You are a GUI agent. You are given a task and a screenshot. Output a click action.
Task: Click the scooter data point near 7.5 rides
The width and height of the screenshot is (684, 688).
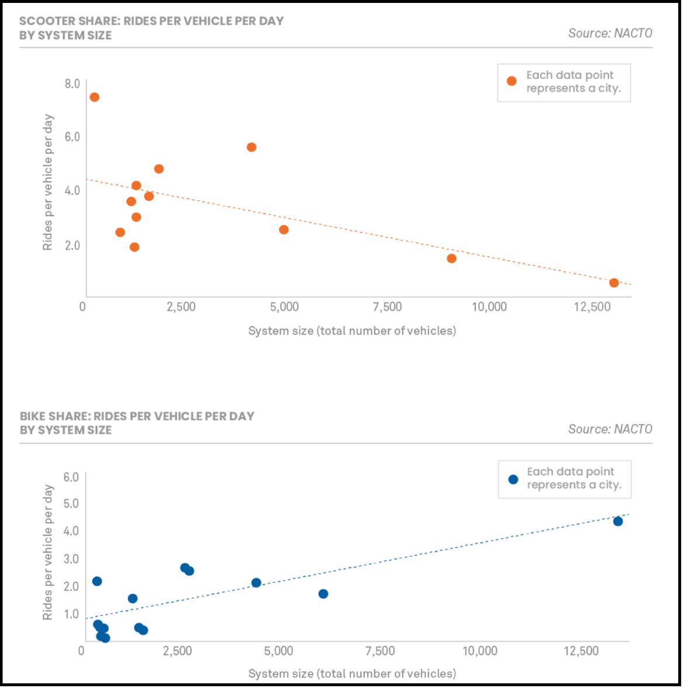click(95, 97)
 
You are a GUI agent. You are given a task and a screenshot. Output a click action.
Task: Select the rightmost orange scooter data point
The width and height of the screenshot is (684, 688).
click(614, 283)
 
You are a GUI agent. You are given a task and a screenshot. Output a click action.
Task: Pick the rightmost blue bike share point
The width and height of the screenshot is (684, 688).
click(618, 522)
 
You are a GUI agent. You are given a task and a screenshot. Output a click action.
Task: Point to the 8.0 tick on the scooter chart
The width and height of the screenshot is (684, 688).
click(72, 84)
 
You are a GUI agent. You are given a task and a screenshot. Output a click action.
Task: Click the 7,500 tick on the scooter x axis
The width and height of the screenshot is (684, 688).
click(387, 307)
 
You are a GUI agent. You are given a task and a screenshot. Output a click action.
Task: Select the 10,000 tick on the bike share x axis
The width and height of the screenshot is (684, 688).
click(480, 650)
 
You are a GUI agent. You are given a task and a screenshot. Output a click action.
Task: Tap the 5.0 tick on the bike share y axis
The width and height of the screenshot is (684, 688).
click(71, 503)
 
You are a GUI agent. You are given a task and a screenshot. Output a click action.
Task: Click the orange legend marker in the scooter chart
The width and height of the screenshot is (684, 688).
click(512, 81)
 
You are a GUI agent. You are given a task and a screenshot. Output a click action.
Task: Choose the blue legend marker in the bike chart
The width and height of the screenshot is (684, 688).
click(513, 479)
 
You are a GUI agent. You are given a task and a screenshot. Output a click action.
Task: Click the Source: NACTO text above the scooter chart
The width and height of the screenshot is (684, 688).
click(610, 33)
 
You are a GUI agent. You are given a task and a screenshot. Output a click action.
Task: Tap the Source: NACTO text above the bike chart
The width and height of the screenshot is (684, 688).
click(610, 429)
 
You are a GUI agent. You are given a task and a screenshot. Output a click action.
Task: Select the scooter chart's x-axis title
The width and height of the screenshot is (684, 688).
click(353, 331)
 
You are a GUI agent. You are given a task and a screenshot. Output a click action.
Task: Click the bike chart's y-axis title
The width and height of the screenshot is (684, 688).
click(47, 553)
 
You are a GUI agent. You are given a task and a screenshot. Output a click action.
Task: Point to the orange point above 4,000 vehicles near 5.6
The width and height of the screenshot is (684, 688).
click(251, 147)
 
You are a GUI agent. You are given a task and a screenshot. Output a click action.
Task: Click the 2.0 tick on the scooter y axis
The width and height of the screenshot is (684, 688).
click(72, 245)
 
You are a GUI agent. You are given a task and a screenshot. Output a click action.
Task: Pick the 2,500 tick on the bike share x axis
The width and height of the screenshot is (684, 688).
click(177, 650)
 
